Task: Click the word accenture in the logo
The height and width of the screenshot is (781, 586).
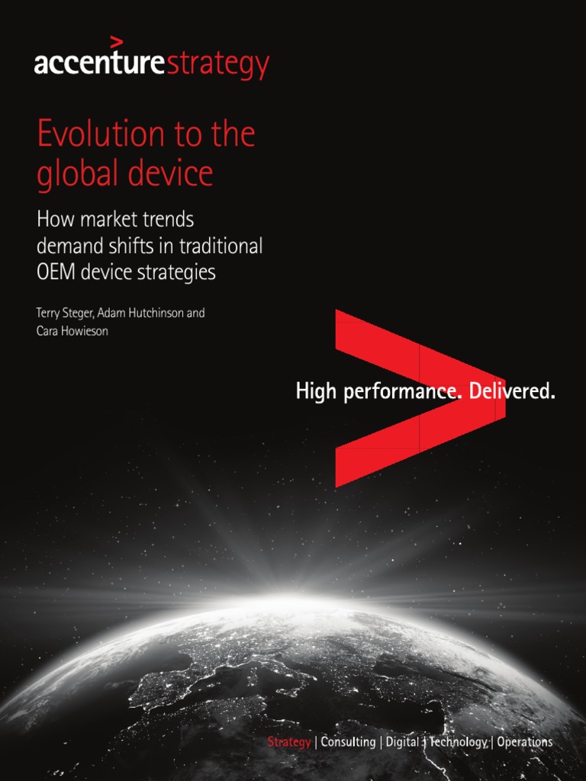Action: click(x=99, y=64)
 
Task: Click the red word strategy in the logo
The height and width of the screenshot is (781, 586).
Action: click(x=217, y=66)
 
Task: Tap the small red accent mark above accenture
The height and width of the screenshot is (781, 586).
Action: click(x=116, y=41)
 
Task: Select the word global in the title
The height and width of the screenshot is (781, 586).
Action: click(x=73, y=174)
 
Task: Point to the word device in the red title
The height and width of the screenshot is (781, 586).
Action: click(x=171, y=174)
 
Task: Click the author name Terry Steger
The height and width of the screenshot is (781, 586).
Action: click(x=65, y=313)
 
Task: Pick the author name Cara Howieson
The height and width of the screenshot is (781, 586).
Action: click(x=72, y=332)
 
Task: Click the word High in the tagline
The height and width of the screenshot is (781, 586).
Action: click(x=316, y=393)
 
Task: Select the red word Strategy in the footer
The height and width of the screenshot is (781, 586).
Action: click(x=288, y=742)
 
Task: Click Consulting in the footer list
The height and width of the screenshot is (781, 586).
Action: click(x=348, y=742)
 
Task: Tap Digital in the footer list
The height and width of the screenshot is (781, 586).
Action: click(x=401, y=742)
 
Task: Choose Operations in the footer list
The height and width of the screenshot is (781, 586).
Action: click(x=525, y=742)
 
